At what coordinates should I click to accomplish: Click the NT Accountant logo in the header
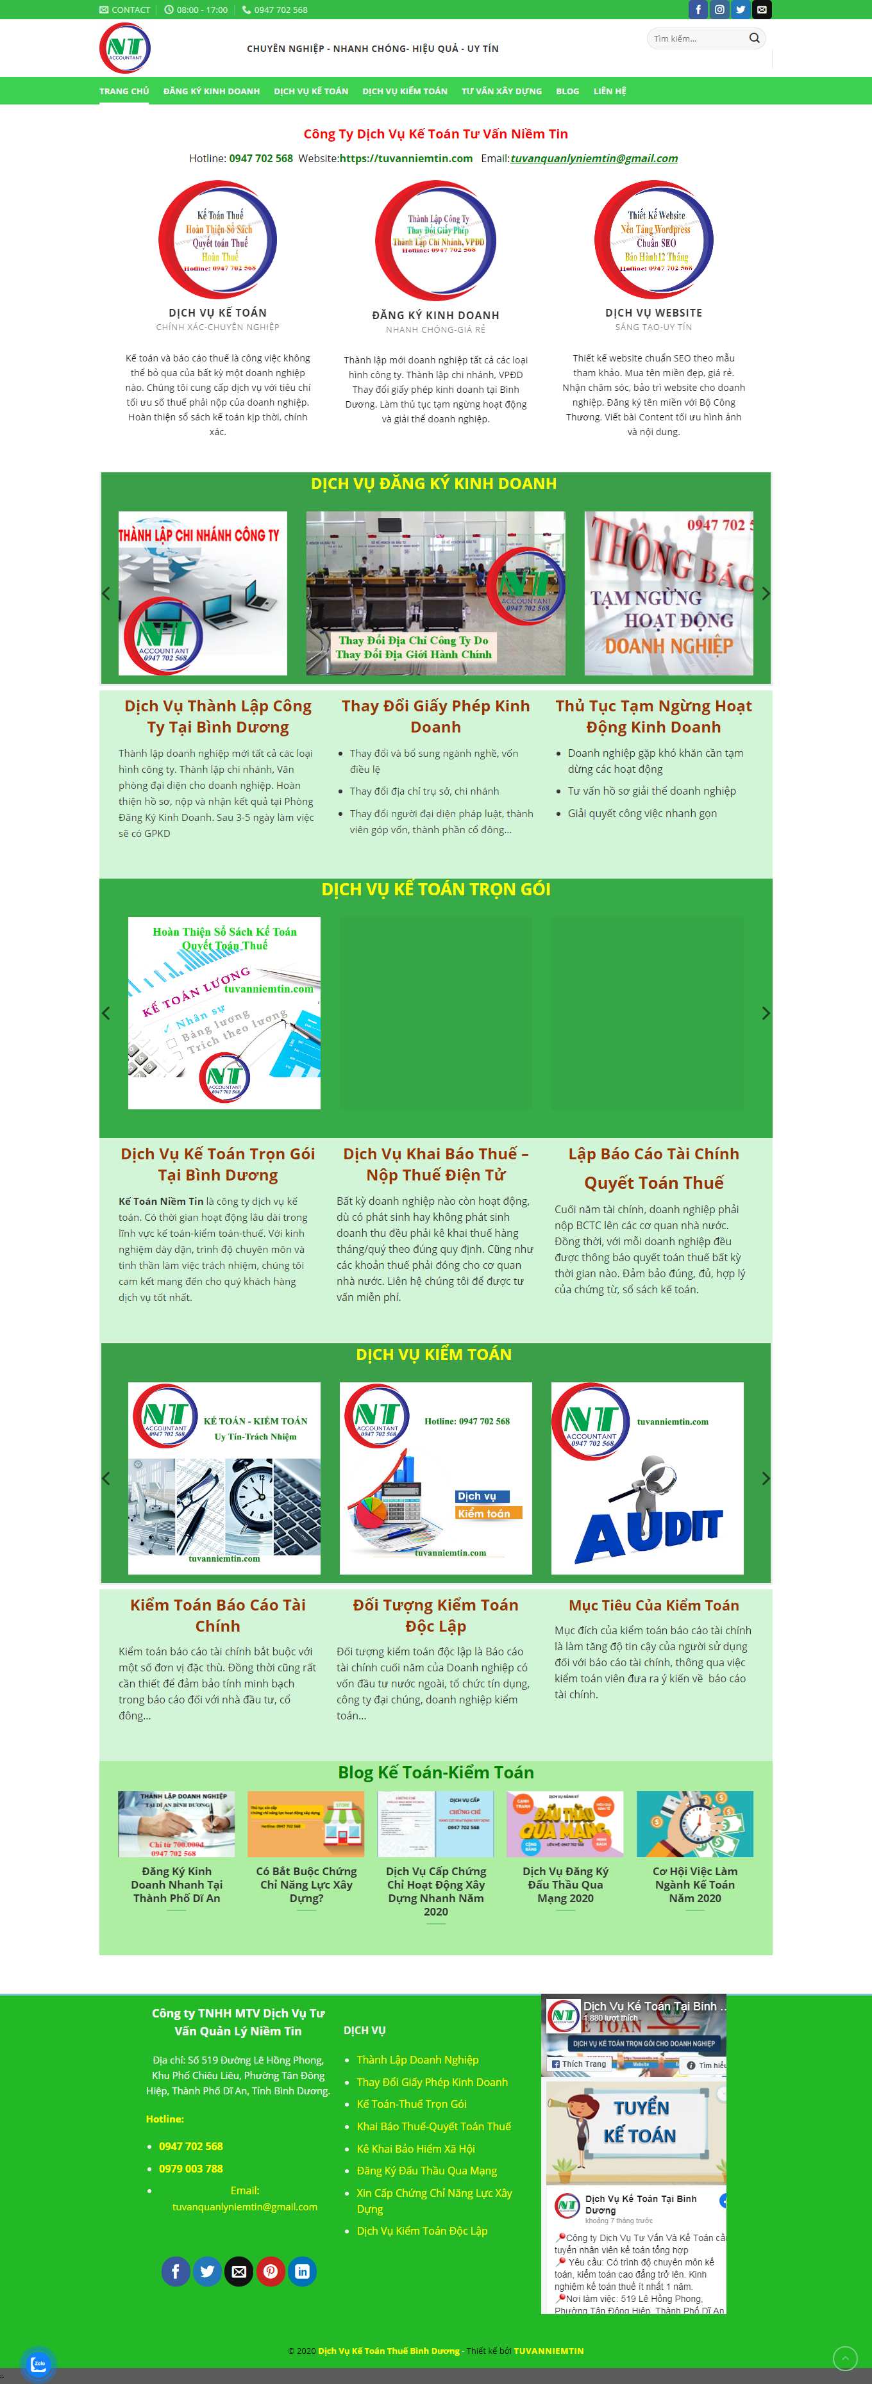[x=125, y=48]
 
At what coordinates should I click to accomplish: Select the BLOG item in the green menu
[x=567, y=92]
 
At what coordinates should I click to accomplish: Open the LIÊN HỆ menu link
[x=609, y=92]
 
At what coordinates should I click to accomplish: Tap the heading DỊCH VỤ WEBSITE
[x=653, y=313]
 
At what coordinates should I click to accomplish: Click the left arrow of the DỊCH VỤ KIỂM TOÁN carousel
[x=106, y=1478]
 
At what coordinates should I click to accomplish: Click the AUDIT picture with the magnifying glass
[x=647, y=1478]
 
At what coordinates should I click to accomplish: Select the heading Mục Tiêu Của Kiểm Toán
[x=653, y=1605]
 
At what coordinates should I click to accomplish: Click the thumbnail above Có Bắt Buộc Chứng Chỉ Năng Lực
[x=306, y=1824]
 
